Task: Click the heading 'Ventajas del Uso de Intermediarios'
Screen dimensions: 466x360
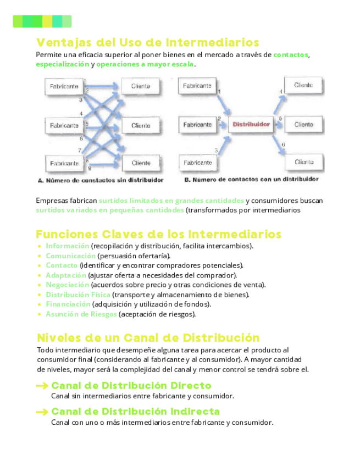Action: point(147,42)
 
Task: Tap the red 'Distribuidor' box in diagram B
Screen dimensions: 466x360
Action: point(251,125)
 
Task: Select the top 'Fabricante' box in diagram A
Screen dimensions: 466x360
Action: point(64,87)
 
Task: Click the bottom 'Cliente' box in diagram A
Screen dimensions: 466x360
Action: point(141,163)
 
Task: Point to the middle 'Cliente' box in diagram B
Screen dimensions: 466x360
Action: point(304,125)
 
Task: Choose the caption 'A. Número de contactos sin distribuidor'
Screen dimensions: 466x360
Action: point(101,180)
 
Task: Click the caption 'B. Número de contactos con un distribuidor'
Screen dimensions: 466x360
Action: point(251,180)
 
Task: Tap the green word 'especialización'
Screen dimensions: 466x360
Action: point(62,64)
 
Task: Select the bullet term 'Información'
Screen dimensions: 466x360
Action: point(67,246)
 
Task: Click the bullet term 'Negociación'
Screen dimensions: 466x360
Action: point(67,285)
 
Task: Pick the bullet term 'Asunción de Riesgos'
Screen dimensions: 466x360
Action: point(81,314)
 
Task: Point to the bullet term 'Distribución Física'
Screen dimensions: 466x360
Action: point(78,295)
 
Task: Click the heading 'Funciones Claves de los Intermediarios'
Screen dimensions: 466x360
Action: point(159,235)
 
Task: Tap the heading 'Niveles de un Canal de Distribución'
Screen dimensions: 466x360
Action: point(148,337)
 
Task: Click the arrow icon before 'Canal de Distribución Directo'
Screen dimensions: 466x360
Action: point(42,386)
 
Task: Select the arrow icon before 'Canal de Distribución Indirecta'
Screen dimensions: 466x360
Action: point(42,412)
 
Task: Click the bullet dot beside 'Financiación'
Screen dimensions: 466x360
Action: point(40,304)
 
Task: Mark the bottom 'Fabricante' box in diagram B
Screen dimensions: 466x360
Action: point(197,163)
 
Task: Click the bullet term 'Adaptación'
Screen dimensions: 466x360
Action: point(66,275)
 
